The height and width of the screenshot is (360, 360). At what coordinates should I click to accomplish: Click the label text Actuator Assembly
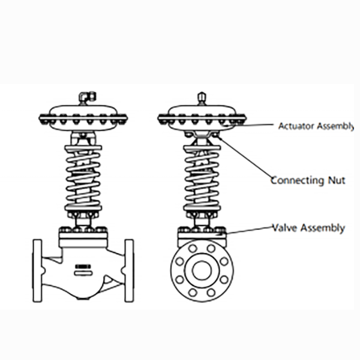click(x=316, y=126)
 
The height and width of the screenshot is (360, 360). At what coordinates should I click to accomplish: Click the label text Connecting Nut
click(x=307, y=180)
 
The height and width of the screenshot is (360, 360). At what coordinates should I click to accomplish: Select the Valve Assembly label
click(x=308, y=228)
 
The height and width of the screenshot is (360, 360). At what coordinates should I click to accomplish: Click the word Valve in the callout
click(x=286, y=228)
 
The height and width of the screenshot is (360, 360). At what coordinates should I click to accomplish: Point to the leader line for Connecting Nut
click(x=246, y=157)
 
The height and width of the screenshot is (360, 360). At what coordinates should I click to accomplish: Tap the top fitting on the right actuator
click(x=202, y=97)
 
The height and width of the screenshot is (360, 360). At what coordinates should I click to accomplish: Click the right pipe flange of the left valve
click(x=129, y=270)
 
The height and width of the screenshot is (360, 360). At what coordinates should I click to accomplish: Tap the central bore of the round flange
click(x=202, y=271)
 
